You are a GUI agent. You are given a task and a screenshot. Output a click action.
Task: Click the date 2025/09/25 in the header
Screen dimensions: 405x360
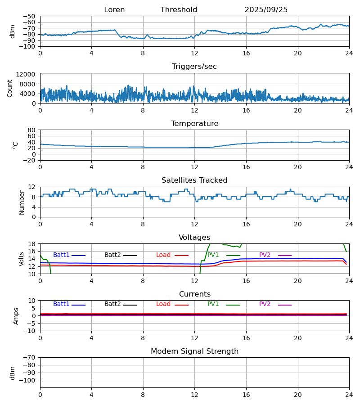pos(266,10)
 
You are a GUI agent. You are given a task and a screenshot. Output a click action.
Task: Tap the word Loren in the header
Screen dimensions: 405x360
pos(114,10)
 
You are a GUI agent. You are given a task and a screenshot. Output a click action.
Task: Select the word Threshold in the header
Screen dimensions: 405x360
pos(179,10)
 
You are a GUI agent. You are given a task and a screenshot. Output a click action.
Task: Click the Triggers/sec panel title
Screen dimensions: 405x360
pos(194,67)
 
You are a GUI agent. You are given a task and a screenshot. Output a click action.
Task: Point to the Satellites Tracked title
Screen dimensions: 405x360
pos(194,180)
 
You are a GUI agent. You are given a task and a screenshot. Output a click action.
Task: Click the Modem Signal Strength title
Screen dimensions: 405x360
pos(194,351)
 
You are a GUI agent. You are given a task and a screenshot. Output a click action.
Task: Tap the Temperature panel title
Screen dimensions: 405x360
pos(194,124)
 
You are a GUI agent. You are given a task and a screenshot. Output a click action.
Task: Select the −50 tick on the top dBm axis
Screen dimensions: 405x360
pos(30,16)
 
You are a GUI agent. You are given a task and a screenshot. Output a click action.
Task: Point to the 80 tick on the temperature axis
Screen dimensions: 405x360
pos(32,130)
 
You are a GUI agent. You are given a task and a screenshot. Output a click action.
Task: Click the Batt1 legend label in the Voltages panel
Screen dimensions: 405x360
pos(61,255)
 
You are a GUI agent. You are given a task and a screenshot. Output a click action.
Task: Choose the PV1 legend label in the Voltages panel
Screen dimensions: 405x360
pos(213,255)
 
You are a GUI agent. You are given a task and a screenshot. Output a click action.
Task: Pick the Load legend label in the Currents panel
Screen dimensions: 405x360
pos(163,304)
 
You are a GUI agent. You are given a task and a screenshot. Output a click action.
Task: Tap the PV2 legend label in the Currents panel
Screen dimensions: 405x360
pos(265,304)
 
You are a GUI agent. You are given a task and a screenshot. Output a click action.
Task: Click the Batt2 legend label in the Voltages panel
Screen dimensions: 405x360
pos(112,255)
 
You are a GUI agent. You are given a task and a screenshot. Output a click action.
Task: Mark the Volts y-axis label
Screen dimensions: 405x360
pos(22,259)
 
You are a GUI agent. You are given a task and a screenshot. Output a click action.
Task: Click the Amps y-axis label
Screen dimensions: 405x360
pos(17,316)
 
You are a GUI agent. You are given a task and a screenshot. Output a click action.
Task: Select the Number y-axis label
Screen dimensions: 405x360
pos(22,202)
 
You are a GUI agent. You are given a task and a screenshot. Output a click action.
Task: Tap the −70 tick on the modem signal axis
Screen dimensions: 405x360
pos(30,357)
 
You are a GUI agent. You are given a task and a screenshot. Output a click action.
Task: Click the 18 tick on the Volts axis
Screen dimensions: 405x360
pos(32,244)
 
